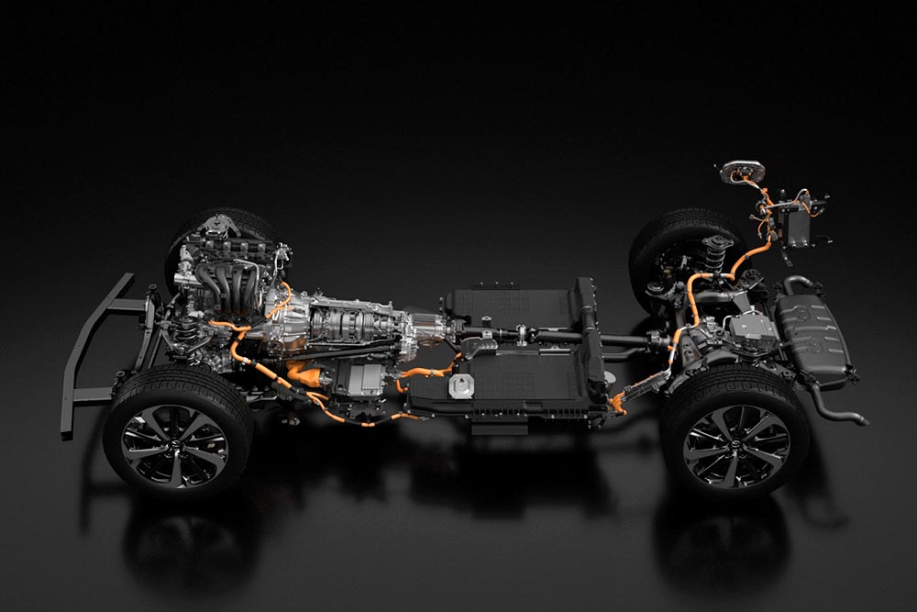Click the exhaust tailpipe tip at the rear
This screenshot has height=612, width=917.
tap(859, 420)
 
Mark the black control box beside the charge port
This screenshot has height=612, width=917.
tap(796, 224)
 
